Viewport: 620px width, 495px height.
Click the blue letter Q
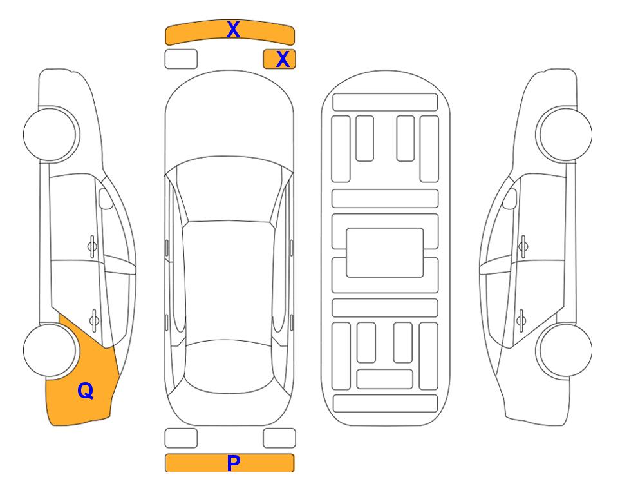pos(86,391)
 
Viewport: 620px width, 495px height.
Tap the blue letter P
pos(233,463)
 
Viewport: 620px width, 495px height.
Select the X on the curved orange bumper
pos(233,30)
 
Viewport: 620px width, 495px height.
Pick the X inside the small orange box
pos(283,59)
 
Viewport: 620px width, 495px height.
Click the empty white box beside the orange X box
pos(181,59)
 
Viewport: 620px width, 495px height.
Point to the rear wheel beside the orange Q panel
pos(50,351)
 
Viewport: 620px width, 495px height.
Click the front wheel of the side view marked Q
pos(51,134)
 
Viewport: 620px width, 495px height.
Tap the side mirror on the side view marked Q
pos(106,199)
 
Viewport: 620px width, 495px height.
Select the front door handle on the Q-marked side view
pos(92,247)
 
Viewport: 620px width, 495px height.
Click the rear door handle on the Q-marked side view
pos(94,320)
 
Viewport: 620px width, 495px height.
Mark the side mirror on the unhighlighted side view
pos(510,199)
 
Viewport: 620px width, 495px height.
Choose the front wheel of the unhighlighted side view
pos(564,134)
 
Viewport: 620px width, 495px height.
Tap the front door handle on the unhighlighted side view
pos(523,247)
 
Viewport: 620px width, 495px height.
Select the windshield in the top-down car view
pos(229,189)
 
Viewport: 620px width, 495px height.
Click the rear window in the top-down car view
pos(229,366)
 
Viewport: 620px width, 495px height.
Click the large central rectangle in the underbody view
pos(385,253)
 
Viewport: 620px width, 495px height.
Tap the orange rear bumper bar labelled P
pos(229,463)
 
